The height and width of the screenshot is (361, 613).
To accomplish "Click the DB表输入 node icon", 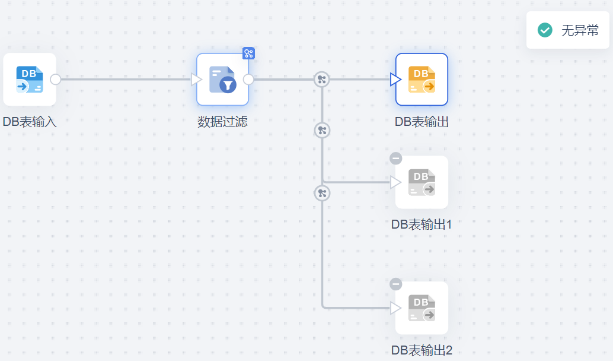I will coord(30,80).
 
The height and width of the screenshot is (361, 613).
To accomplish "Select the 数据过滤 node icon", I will coord(222,80).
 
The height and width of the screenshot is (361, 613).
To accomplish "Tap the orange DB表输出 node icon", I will coord(422,80).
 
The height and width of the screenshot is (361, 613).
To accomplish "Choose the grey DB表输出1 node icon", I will coord(422,182).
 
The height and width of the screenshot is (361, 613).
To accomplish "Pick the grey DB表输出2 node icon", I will coord(422,308).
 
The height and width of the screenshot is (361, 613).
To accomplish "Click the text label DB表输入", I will coord(30,122).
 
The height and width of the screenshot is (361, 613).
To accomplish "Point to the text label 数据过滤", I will coord(222,122).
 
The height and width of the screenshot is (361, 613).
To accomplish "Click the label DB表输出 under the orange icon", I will coord(422,122).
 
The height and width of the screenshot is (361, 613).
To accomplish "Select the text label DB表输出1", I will coord(422,224).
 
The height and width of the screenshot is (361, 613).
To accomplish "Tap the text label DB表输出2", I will coord(422,350).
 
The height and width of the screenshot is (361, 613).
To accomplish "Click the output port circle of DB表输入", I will coord(56,80).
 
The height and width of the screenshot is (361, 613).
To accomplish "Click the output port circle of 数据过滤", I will coord(248,80).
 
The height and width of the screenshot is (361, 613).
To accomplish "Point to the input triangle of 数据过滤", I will coord(197,80).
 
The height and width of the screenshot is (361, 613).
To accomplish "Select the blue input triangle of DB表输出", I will coord(395,80).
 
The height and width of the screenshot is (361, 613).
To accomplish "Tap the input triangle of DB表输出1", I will coord(395,182).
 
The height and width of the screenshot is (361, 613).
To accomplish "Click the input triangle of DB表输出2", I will coord(395,308).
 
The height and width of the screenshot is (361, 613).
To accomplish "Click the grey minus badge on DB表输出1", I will coord(396,158).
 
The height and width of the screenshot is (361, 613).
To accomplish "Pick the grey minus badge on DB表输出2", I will coord(396,284).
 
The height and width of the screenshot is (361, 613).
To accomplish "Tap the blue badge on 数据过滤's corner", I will coord(248,53).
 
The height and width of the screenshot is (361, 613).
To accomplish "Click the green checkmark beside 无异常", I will coord(545,30).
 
